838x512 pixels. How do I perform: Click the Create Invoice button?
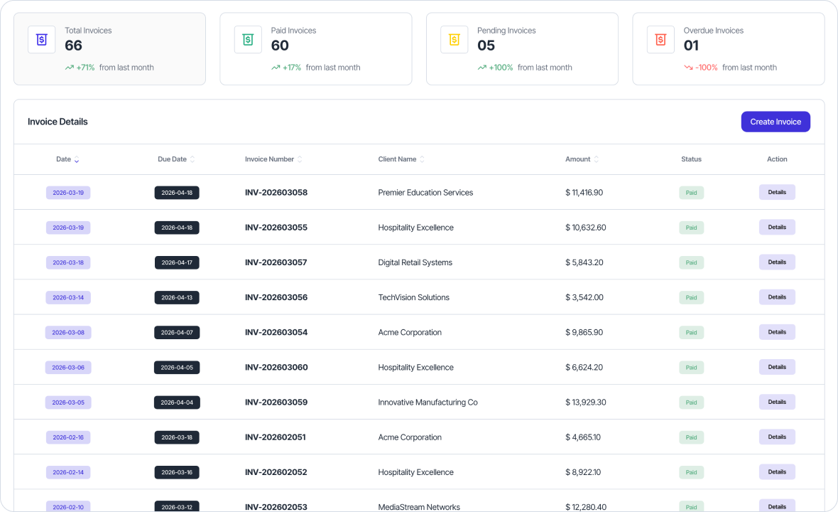(776, 122)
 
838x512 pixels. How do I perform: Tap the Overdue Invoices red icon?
(660, 40)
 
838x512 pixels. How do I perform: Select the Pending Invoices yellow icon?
(454, 40)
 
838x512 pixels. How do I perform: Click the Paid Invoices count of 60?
(280, 46)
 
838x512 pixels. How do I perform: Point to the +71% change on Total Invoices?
(85, 68)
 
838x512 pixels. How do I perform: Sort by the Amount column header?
(578, 159)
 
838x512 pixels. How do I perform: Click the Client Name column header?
(398, 159)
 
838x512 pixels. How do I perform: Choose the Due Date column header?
(173, 159)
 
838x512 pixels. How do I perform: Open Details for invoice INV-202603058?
(777, 192)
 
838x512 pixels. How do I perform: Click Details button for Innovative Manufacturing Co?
(777, 402)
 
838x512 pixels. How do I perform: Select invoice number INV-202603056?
(276, 297)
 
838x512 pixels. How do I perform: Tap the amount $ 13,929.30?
(586, 402)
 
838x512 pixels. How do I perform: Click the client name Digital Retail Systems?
(415, 262)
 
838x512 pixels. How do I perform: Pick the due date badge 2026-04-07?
(177, 332)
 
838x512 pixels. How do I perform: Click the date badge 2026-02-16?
(68, 437)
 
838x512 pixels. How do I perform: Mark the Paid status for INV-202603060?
(691, 368)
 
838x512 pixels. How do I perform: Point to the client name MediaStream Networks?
(419, 507)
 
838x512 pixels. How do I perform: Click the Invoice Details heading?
(58, 122)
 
